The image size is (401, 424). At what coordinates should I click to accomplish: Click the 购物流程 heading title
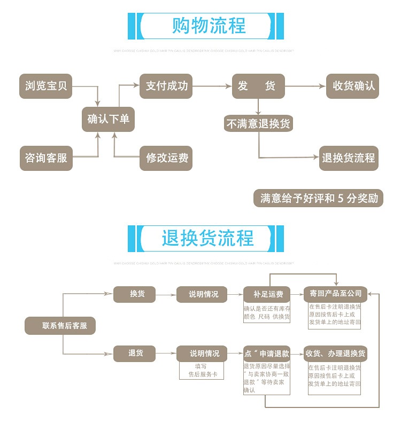point(209,26)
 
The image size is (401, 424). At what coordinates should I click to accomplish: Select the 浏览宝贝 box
point(46,86)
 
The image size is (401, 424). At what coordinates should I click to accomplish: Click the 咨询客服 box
point(46,158)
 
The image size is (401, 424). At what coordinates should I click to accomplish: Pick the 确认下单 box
point(108,119)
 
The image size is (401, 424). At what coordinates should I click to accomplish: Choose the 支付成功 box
point(166,86)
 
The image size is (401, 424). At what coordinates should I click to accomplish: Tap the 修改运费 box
point(166,158)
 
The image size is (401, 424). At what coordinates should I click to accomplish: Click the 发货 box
point(258,86)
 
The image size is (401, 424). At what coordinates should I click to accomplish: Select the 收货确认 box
point(352,86)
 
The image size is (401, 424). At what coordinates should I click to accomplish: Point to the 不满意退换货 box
point(258,123)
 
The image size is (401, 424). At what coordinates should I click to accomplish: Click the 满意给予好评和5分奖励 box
point(319,199)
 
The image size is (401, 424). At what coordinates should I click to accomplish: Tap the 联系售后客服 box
point(60,325)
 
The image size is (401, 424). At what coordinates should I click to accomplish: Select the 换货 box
point(134,294)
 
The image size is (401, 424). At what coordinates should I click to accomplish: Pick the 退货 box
point(134,353)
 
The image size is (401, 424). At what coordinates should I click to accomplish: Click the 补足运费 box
point(267,294)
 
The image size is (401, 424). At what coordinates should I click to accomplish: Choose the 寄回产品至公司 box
point(336,293)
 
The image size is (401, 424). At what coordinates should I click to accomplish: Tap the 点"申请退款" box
point(267,354)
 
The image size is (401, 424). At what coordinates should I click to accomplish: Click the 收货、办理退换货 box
point(335,354)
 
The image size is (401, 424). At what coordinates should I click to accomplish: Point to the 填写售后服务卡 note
point(200,371)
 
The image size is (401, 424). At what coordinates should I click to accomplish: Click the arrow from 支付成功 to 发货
point(212,86)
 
